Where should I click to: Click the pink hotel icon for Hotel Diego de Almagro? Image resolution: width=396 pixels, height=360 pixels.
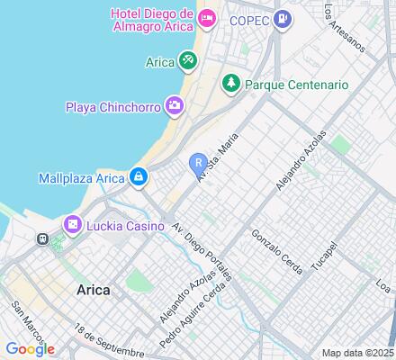coord(207,17)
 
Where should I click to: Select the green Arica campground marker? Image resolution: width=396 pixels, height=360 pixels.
coord(186,61)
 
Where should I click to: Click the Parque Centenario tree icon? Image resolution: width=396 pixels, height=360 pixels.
coord(230,83)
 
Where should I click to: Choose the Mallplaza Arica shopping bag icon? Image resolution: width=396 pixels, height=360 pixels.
coord(138,176)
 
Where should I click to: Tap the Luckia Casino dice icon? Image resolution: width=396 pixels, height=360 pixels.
coord(70,223)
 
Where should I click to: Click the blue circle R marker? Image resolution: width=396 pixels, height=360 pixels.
coord(197,162)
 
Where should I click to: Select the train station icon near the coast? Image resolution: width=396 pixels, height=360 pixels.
coord(42,239)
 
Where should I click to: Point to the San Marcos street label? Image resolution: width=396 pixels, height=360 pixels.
coord(24,320)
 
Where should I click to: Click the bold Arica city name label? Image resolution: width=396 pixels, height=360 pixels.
coord(89,290)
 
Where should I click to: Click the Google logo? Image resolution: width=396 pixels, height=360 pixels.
coord(29,349)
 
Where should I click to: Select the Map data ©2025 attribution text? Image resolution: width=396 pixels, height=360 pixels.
coord(358,353)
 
